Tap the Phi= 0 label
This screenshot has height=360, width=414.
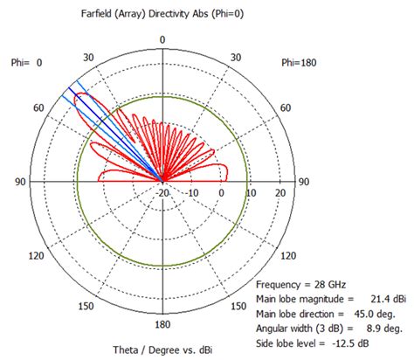[26, 63]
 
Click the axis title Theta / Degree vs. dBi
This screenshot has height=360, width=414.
[163, 350]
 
